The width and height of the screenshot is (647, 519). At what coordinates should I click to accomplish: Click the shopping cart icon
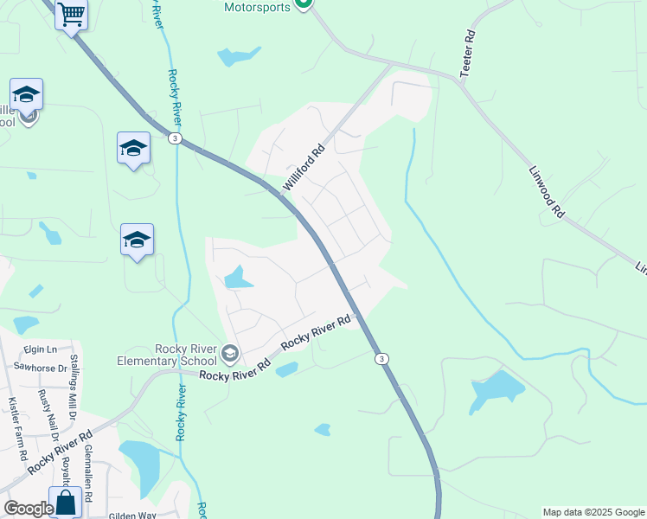click(71, 15)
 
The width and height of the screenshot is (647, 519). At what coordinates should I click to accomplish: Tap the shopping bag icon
click(66, 502)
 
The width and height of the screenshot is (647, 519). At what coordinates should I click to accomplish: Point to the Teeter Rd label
click(468, 55)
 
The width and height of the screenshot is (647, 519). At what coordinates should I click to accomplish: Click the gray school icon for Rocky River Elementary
click(230, 353)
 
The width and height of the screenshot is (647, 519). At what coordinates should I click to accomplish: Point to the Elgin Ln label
click(40, 349)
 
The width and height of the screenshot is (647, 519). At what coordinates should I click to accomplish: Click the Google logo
click(28, 509)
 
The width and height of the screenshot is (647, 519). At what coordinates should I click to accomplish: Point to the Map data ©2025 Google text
click(593, 512)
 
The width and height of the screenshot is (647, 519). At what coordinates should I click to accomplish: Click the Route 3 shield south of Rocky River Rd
click(381, 358)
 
